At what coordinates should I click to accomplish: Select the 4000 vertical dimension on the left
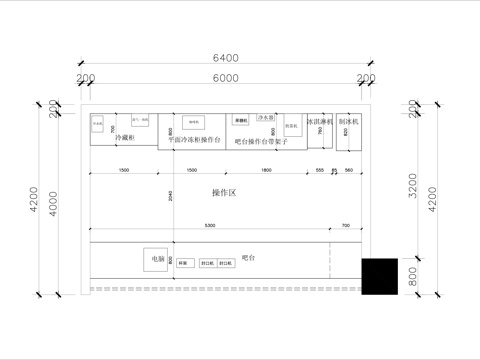pyautogui.click(x=54, y=201)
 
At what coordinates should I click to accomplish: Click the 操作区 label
pyautogui.click(x=224, y=191)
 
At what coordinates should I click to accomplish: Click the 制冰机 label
pyautogui.click(x=348, y=121)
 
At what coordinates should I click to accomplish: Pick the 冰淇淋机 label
pyautogui.click(x=319, y=121)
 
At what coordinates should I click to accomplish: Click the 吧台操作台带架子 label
pyautogui.click(x=261, y=142)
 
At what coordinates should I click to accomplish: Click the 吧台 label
pyautogui.click(x=248, y=258)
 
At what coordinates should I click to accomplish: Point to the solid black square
pyautogui.click(x=379, y=276)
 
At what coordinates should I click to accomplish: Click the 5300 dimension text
pyautogui.click(x=209, y=226)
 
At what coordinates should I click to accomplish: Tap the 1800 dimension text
pyautogui.click(x=265, y=170)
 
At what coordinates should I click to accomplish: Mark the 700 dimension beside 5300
pyautogui.click(x=345, y=226)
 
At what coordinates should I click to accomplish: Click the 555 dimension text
pyautogui.click(x=319, y=170)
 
